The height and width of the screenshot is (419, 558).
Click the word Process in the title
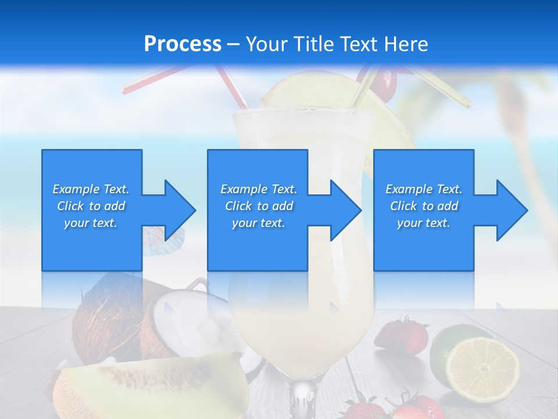pyautogui.click(x=183, y=44)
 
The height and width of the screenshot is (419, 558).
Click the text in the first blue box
pyautogui.click(x=91, y=206)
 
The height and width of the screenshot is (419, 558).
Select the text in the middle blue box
pyautogui.click(x=259, y=206)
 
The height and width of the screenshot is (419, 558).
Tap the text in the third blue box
pyautogui.click(x=424, y=206)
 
